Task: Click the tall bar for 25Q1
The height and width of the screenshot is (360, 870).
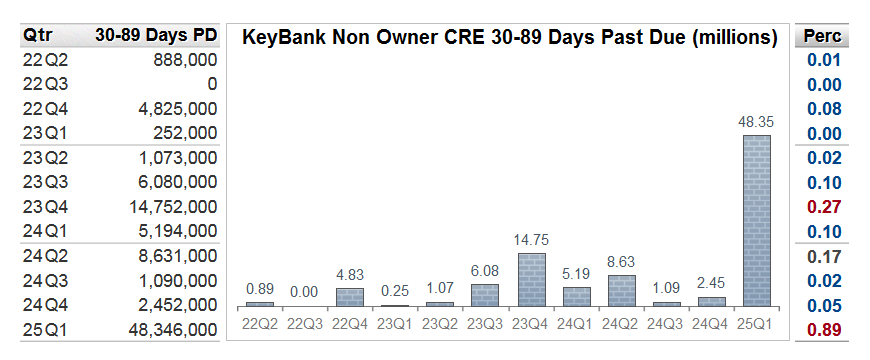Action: click(x=755, y=220)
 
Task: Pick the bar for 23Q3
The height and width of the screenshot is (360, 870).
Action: click(x=485, y=295)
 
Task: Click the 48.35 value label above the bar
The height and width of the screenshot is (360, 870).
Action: click(x=755, y=122)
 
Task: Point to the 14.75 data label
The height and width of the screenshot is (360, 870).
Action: click(x=531, y=240)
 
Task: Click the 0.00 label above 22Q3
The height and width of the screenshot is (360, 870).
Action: click(x=305, y=290)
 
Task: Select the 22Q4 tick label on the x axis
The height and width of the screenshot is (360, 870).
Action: click(x=350, y=323)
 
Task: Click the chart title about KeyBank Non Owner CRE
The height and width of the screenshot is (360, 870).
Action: click(x=510, y=37)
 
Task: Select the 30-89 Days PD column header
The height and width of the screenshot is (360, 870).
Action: click(x=156, y=36)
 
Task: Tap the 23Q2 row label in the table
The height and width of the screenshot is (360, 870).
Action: click(x=44, y=157)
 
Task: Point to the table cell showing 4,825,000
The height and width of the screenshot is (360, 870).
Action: click(x=173, y=108)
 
